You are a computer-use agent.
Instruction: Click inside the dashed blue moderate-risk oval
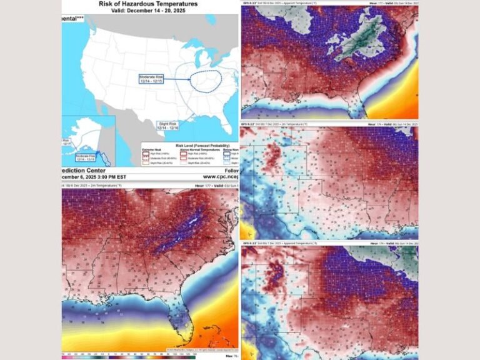click(206, 81)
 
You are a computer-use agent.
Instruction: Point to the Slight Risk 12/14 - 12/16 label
click(172, 125)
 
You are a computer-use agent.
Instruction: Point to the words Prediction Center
click(84, 171)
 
